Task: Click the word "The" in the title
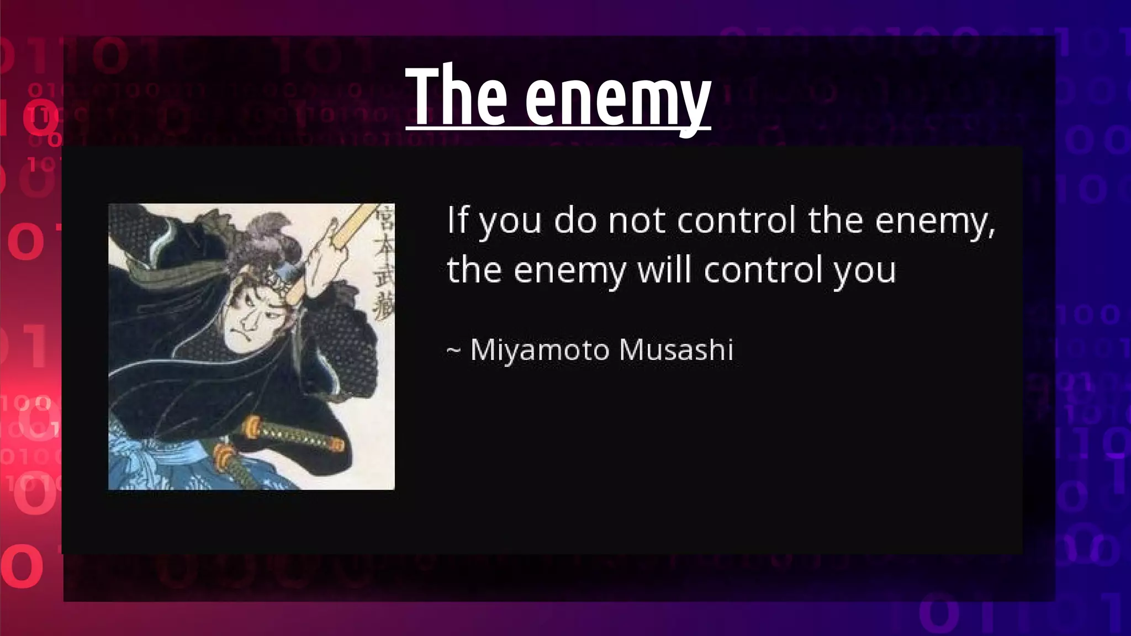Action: coord(456,97)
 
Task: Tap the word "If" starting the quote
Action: coord(457,219)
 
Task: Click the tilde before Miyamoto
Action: coord(453,351)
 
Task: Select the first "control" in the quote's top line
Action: coord(736,220)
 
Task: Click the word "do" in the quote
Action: coord(575,220)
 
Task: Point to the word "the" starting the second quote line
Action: coord(474,270)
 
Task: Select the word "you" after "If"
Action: coord(509,221)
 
